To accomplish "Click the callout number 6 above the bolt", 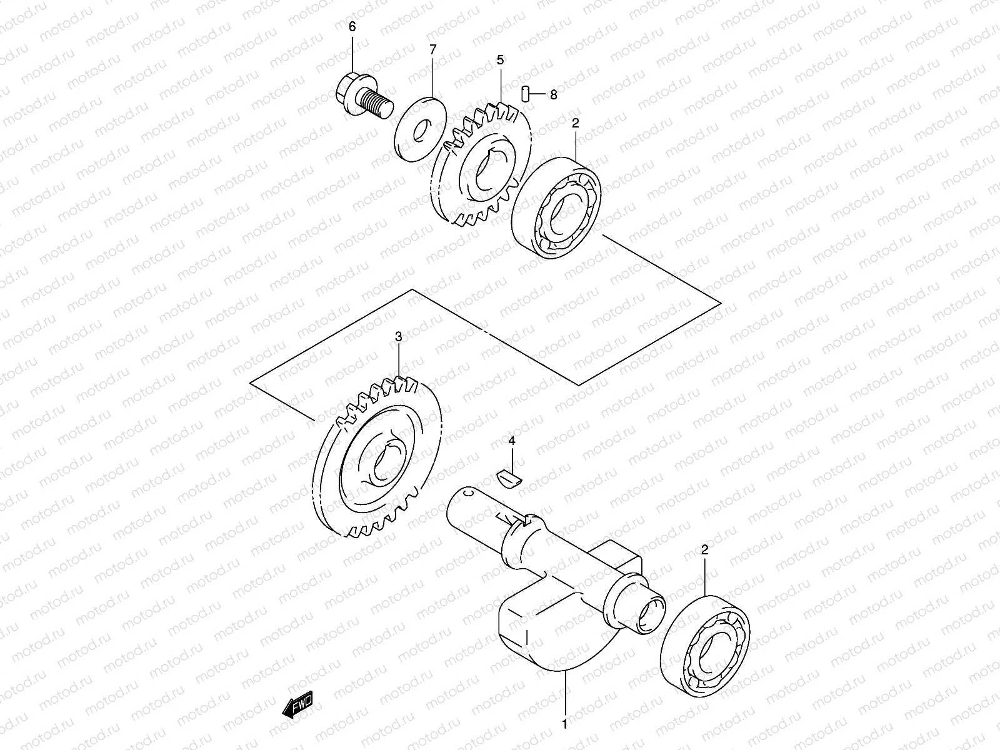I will (351, 26).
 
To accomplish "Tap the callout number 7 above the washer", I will (432, 50).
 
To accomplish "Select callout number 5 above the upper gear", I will (500, 60).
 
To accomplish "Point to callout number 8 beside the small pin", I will (553, 95).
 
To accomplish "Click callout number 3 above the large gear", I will (399, 337).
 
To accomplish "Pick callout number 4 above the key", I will (512, 442).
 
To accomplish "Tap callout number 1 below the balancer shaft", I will (565, 725).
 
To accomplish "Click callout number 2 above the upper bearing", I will (575, 123).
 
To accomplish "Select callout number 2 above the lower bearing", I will (704, 551).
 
